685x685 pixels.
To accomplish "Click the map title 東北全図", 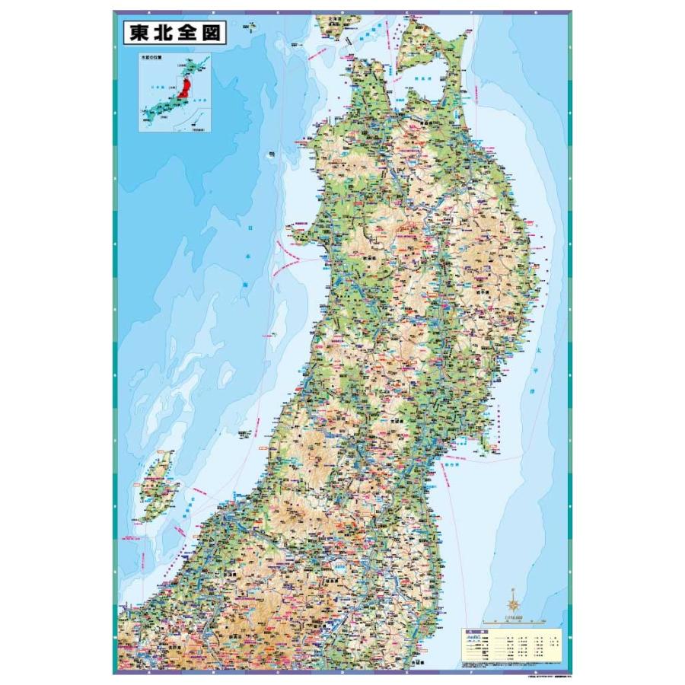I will [174, 33].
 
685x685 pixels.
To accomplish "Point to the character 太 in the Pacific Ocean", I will [536, 352].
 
